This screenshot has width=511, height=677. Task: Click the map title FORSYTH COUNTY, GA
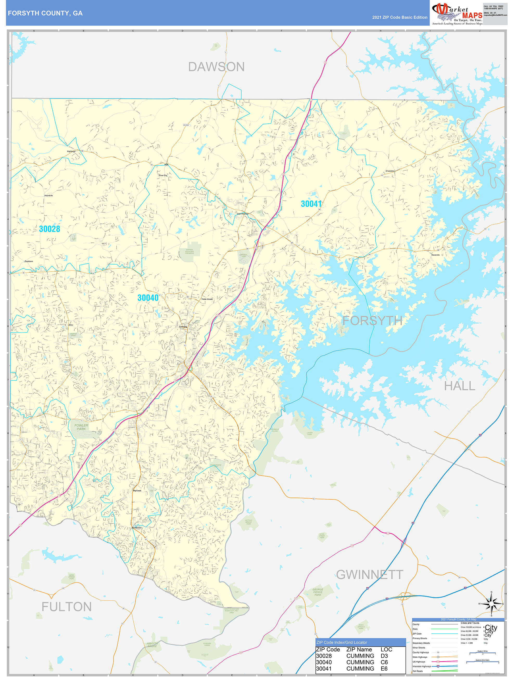point(45,13)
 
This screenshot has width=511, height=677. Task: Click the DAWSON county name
point(216,67)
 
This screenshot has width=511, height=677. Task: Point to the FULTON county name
point(66,607)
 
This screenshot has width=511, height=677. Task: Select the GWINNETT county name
point(370,574)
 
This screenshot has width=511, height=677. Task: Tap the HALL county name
point(460,386)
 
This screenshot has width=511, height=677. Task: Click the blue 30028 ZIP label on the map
point(49,229)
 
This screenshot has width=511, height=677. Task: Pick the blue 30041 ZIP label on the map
point(311,204)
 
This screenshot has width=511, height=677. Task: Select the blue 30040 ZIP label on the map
point(148,298)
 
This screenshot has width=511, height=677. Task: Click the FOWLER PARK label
point(81,427)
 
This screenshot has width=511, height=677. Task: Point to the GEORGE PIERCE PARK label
point(318,592)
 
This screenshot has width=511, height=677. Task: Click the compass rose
point(491,604)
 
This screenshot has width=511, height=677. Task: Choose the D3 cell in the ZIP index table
point(384,656)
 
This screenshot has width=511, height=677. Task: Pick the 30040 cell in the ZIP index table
point(324,662)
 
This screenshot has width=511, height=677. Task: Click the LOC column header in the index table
point(386,649)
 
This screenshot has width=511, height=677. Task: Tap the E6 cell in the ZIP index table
point(384,668)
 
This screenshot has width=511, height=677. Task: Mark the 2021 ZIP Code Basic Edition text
point(400,17)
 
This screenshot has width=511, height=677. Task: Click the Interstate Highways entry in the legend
point(422,666)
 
